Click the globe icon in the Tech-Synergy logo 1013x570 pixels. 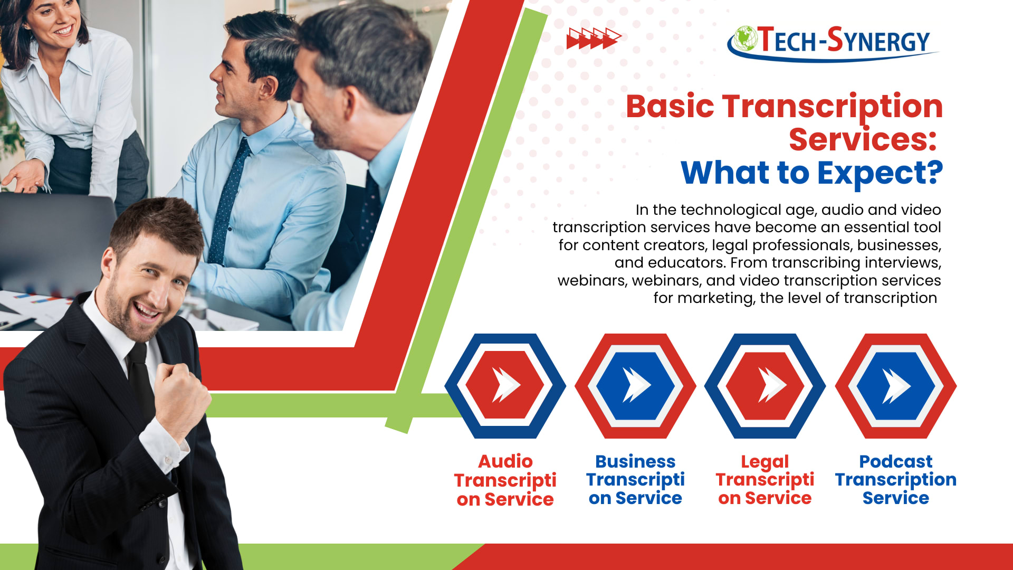(x=746, y=38)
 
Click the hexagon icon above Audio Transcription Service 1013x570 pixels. (x=505, y=386)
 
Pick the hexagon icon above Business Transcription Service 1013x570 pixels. (x=635, y=386)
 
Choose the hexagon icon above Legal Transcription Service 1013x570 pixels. (x=765, y=386)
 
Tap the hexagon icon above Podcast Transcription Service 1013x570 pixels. (x=896, y=386)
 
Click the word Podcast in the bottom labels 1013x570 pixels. (x=895, y=462)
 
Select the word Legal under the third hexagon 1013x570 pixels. (x=764, y=462)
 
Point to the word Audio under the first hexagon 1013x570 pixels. (x=505, y=462)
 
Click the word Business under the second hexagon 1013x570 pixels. (x=635, y=462)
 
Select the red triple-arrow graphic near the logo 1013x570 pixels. (x=594, y=39)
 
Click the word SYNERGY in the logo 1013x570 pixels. (x=878, y=41)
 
